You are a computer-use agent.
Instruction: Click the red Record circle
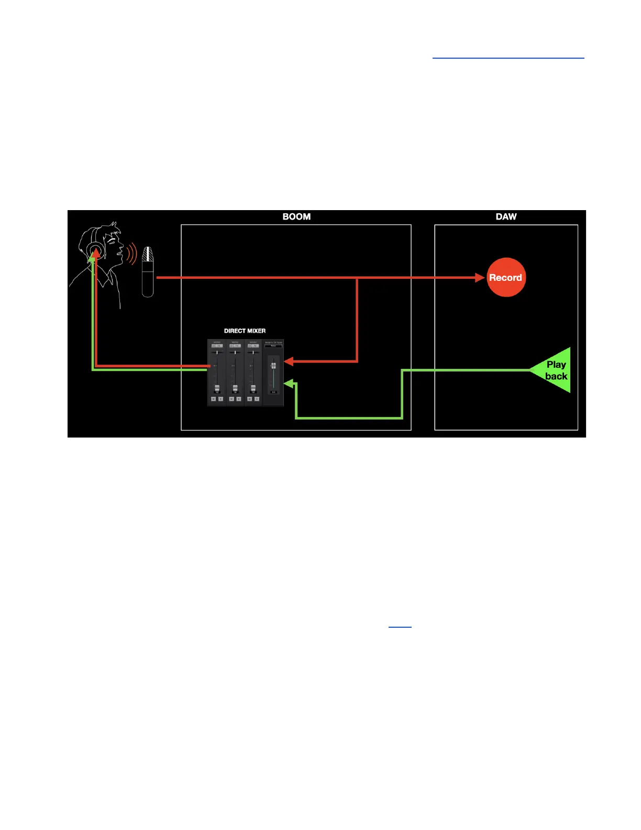(506, 277)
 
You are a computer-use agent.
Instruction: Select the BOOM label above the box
(296, 216)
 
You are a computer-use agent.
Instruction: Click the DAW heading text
(506, 216)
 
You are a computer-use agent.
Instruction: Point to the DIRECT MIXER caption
(245, 331)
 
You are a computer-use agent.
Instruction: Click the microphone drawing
(148, 271)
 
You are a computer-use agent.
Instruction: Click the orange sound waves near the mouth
(131, 254)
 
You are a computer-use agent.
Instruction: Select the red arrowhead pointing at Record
(480, 277)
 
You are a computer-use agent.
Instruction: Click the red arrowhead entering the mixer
(289, 361)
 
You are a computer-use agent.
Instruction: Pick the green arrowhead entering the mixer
(289, 384)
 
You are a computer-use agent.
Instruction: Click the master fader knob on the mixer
(273, 365)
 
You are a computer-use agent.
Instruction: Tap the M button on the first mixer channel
(213, 399)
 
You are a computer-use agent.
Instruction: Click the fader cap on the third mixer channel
(253, 388)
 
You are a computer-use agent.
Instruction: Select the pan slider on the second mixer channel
(235, 352)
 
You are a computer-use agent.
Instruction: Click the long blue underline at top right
(508, 58)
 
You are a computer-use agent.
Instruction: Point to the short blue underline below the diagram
(400, 627)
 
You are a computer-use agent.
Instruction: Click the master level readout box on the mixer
(273, 392)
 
